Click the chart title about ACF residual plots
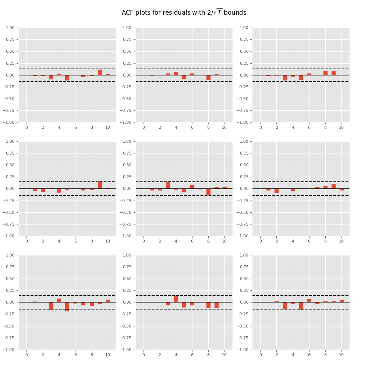[184, 13]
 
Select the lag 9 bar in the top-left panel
[100, 72]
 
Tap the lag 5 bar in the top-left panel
[67, 78]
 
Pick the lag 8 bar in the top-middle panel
[208, 77]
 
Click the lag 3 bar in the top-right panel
[285, 78]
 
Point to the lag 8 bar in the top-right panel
[325, 73]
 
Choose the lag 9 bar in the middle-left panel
[100, 185]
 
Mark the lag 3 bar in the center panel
[168, 185]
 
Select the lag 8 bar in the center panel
[208, 192]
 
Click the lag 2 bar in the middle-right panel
[276, 191]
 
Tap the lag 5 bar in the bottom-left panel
[67, 307]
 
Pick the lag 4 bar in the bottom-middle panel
[176, 299]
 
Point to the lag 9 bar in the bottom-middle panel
[216, 305]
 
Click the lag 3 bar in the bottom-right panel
[285, 305]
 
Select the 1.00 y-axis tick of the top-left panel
[10, 28]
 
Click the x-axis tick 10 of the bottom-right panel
[342, 355]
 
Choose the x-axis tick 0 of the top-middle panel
[144, 127]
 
